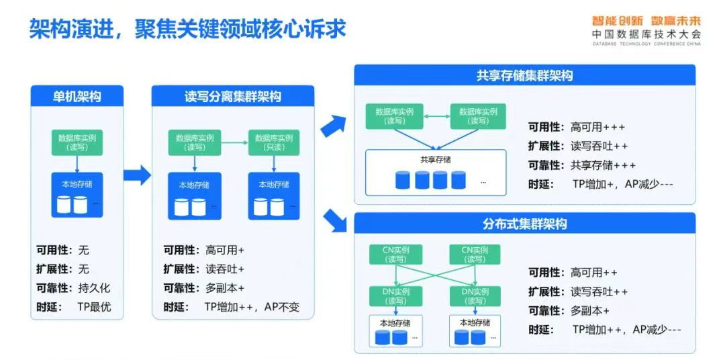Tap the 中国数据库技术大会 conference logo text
(x=646, y=34)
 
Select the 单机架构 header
(x=77, y=96)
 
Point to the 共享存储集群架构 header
(x=524, y=76)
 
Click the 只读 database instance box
(x=272, y=142)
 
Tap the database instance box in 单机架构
(x=77, y=142)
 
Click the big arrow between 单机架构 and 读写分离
(x=137, y=175)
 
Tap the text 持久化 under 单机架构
(x=94, y=288)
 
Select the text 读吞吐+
(x=225, y=269)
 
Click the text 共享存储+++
(x=603, y=165)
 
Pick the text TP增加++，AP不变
(x=252, y=308)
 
